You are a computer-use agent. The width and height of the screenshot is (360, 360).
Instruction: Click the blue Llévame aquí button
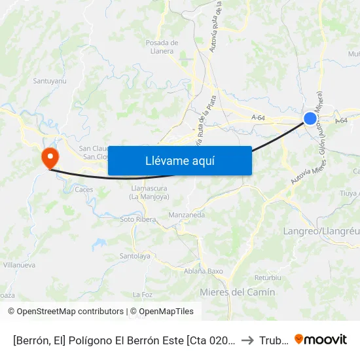tap(179, 160)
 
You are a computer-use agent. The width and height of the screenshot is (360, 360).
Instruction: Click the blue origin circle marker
tap(310, 118)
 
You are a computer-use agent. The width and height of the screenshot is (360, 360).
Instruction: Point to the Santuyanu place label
tap(50, 81)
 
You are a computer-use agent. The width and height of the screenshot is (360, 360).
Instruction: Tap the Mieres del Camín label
tap(237, 292)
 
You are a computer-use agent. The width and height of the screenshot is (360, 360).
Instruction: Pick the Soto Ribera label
tap(138, 219)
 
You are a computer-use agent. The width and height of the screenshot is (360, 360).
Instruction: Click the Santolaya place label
tap(135, 256)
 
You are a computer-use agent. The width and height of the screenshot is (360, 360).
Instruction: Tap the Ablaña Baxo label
tap(204, 271)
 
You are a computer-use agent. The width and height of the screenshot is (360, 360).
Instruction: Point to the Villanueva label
tap(19, 265)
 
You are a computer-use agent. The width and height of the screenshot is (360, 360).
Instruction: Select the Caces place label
tap(84, 190)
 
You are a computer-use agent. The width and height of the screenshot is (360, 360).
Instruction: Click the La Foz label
tap(142, 295)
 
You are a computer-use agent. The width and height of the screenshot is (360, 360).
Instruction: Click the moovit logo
tap(321, 339)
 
